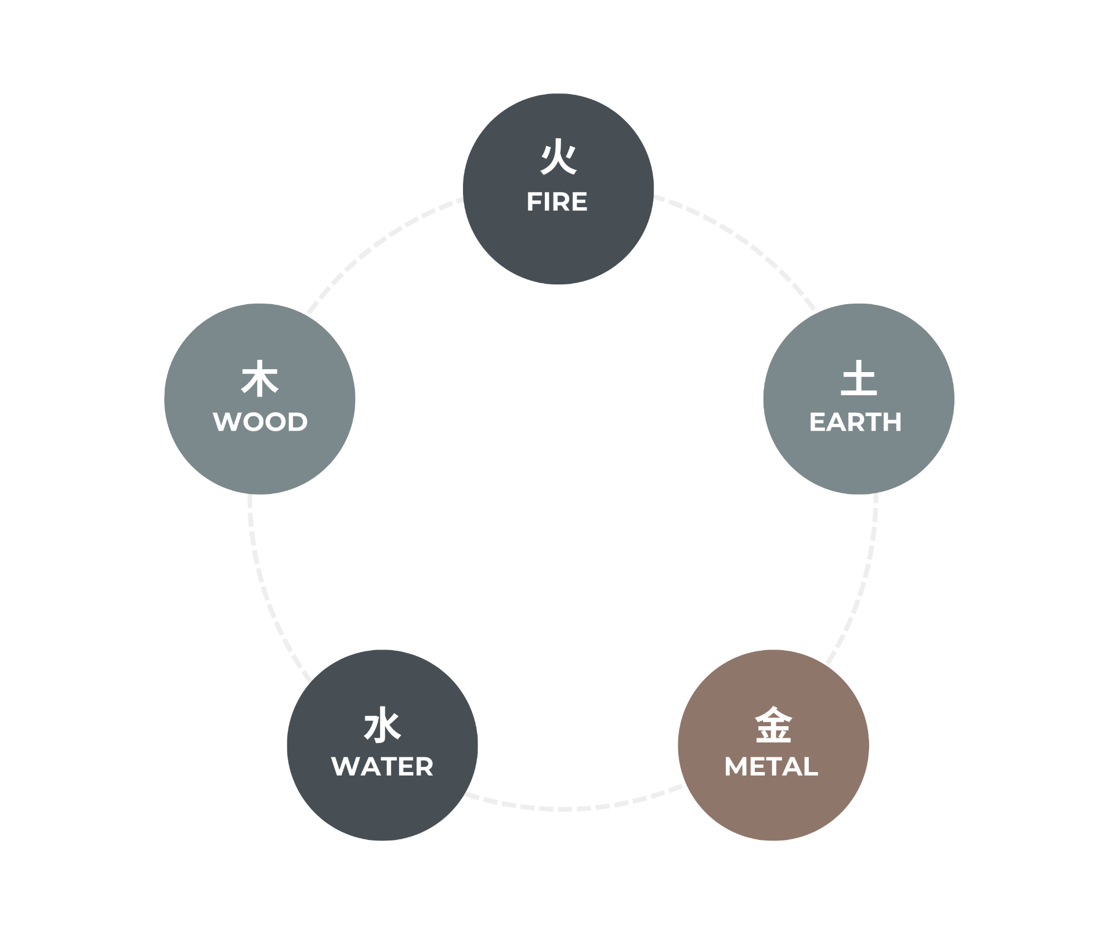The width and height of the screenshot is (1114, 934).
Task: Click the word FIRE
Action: pos(557,202)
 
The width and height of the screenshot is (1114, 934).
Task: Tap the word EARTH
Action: pos(855,422)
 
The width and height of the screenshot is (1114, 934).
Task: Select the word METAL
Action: pos(771,767)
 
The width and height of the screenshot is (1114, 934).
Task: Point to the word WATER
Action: pos(382,767)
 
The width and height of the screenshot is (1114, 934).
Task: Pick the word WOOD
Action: pos(260,422)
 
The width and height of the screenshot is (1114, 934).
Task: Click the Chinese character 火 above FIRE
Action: pos(558,156)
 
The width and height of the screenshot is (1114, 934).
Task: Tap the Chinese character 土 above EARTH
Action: pos(859,378)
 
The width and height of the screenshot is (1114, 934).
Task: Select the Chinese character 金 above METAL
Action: pos(773,724)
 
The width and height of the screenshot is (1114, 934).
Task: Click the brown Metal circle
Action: pos(773,745)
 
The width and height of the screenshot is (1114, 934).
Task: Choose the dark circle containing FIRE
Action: pos(558,189)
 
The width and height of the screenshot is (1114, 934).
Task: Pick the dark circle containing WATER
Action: pos(382,745)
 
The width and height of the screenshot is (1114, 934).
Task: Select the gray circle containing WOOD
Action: pos(260,399)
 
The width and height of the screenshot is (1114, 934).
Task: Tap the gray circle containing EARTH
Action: pos(859,399)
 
